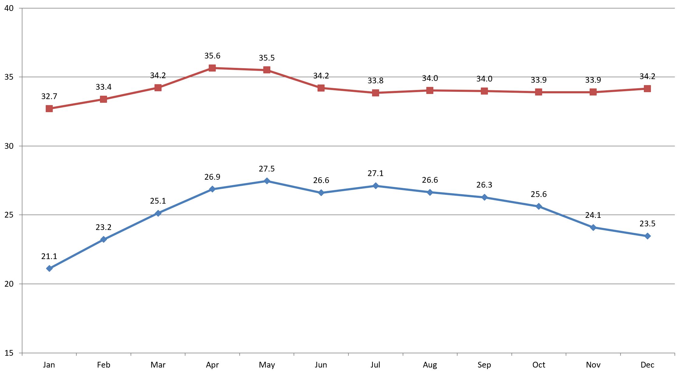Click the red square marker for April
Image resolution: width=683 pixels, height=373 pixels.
212,68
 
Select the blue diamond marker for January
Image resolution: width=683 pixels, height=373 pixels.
49,268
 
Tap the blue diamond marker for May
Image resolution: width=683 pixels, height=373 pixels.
267,181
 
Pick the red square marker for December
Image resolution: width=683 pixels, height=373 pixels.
647,88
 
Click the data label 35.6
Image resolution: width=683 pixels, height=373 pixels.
212,56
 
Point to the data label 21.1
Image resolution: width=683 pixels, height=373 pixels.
49,257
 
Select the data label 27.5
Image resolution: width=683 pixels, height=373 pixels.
267,169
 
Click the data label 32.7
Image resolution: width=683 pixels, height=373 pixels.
49,96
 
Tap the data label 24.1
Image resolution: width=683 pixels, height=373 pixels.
593,215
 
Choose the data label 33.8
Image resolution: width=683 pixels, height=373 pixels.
375,81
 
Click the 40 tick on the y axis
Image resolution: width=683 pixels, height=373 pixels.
9,8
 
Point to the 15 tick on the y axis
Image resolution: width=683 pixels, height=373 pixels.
9,353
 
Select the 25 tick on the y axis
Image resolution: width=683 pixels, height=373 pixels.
9,215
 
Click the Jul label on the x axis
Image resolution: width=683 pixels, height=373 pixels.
375,365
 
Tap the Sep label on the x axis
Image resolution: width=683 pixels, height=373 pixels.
484,365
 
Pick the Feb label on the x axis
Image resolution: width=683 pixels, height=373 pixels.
103,365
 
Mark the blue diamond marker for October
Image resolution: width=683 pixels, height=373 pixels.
539,206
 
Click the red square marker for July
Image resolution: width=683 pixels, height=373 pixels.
375,93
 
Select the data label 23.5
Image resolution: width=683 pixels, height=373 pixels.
647,224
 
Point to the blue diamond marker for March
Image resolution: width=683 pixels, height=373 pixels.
158,213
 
